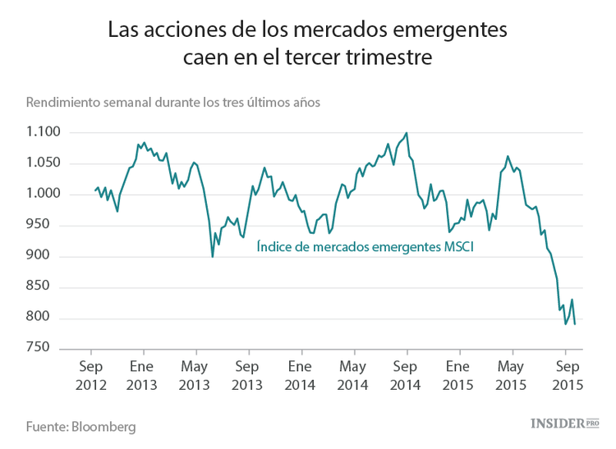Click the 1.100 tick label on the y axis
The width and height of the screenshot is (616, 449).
tap(44, 132)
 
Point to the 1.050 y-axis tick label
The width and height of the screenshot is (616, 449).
tap(44, 163)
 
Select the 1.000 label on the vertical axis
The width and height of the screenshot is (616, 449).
tap(44, 195)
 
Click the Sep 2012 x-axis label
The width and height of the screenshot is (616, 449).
tap(90, 374)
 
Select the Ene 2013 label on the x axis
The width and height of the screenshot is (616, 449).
tap(142, 374)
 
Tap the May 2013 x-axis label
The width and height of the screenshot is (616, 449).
tap(195, 374)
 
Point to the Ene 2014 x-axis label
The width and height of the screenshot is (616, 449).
tap(300, 374)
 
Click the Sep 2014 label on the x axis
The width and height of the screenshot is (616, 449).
tap(406, 374)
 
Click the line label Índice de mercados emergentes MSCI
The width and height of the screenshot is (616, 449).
tap(365, 245)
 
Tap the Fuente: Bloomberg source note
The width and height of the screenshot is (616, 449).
tap(80, 427)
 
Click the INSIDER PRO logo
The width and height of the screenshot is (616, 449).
tap(564, 423)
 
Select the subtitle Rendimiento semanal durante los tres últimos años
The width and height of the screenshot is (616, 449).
tap(173, 103)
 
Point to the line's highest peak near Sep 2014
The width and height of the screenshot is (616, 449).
tap(407, 133)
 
